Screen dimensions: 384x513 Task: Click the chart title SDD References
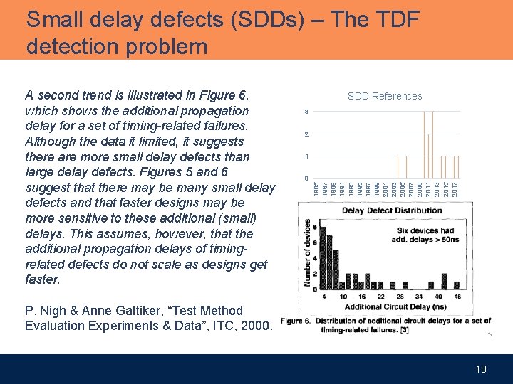pyautogui.click(x=385, y=96)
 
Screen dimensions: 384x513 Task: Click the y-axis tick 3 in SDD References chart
pyautogui.click(x=306, y=112)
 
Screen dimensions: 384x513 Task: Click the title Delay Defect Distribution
pyautogui.click(x=392, y=210)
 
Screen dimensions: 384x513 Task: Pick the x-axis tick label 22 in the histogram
pyautogui.click(x=381, y=296)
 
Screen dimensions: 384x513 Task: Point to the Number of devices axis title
pyautogui.click(x=307, y=252)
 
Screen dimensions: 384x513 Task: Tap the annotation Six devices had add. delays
pyautogui.click(x=425, y=235)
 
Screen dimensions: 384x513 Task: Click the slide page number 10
pyautogui.click(x=481, y=369)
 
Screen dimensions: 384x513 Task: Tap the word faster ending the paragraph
pyautogui.click(x=43, y=279)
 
